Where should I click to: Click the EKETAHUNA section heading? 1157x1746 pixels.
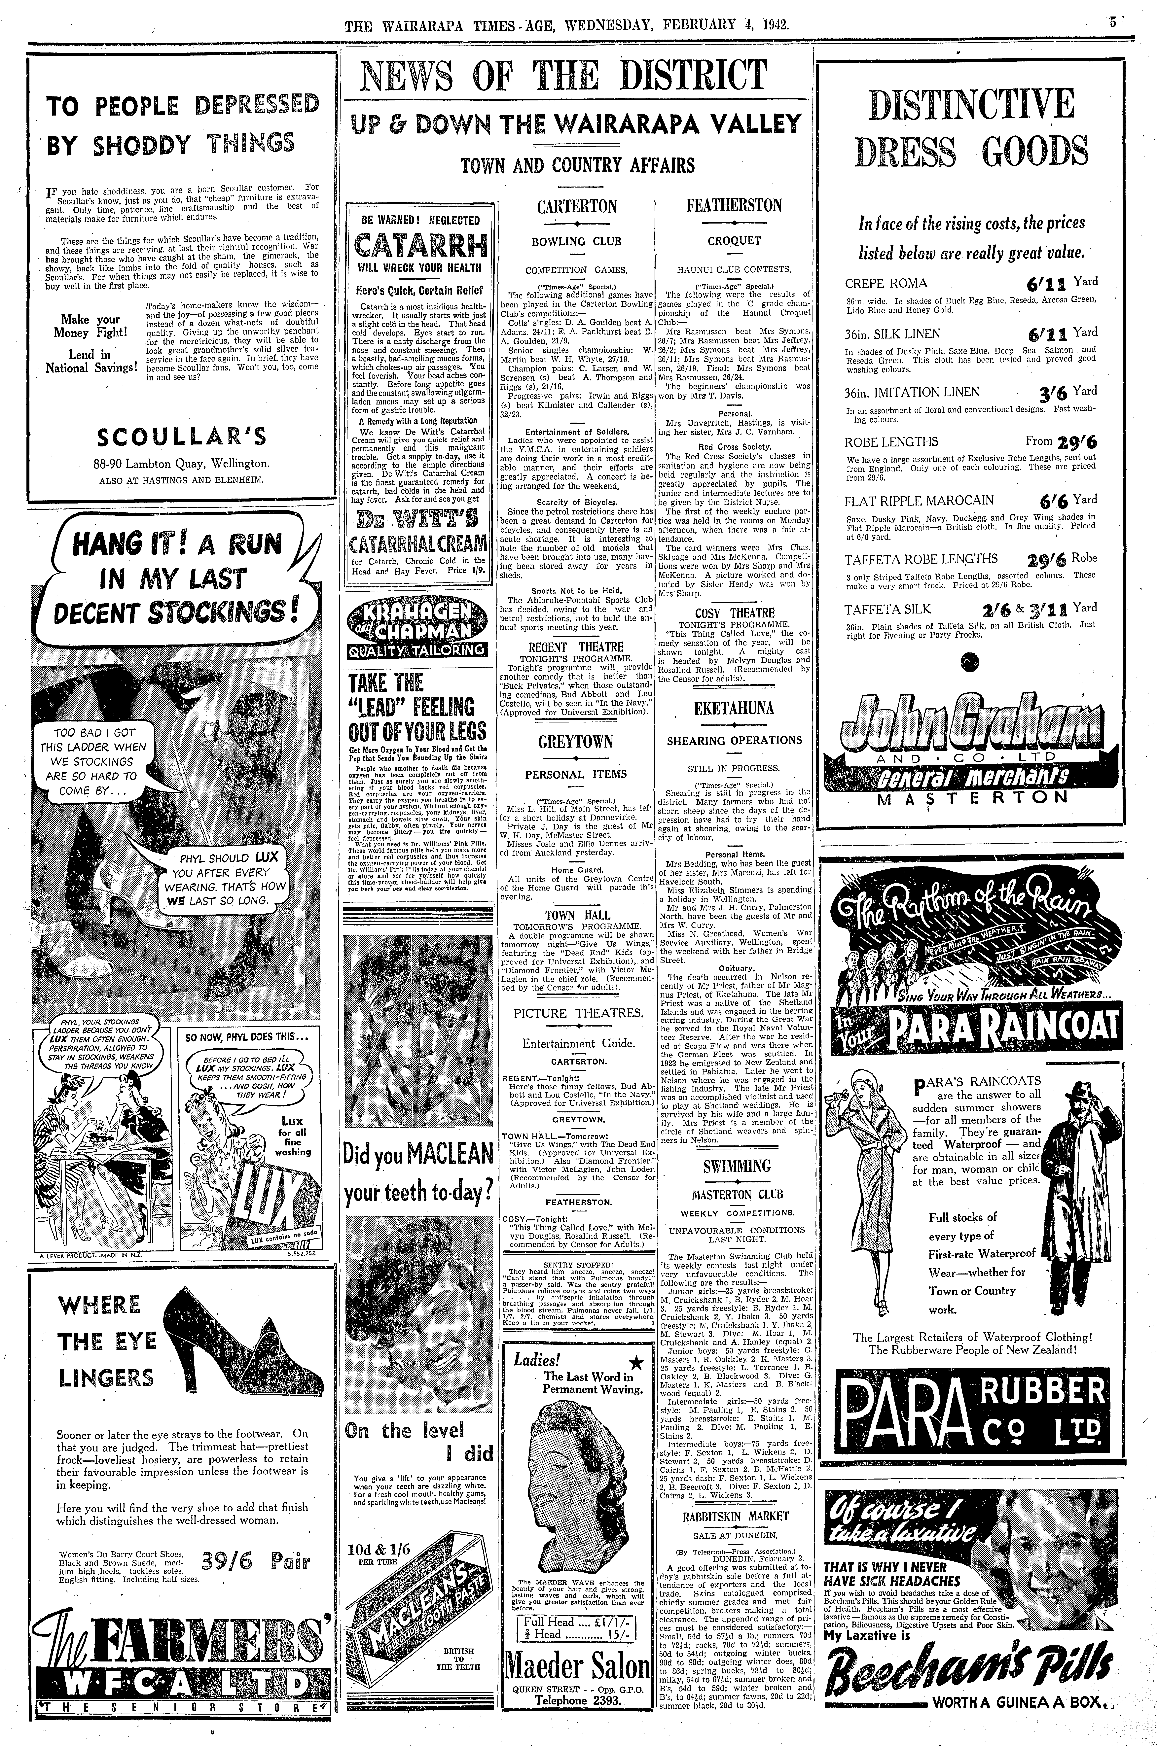[x=734, y=708]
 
